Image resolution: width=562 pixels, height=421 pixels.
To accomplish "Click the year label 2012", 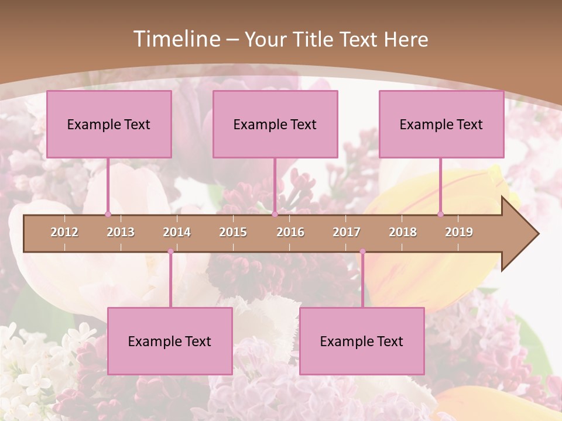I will coord(64,232).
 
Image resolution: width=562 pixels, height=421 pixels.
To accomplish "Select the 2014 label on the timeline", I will coord(177,232).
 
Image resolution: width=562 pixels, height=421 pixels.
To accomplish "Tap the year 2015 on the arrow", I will coord(233,232).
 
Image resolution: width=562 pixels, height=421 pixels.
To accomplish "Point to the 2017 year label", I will coord(347,232).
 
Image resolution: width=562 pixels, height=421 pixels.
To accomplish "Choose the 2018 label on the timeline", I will coord(403,232).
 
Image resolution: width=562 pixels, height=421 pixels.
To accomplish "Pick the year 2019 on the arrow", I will coord(459,232).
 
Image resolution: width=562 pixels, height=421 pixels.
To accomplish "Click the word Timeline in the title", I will coord(176,39).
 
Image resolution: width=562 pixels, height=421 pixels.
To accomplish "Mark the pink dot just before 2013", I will coord(108,214).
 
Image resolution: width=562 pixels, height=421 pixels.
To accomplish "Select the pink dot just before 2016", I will coord(275,214).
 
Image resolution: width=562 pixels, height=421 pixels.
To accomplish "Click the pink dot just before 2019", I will coord(441,214).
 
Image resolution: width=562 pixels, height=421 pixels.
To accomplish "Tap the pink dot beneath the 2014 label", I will coord(170,251).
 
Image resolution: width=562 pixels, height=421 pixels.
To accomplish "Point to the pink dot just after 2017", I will coord(362,251).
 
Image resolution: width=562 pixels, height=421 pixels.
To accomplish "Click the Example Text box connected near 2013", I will coord(109,124).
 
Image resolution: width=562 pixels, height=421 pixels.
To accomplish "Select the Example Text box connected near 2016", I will coord(275,124).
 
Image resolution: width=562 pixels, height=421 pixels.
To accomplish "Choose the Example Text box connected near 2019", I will coord(441,124).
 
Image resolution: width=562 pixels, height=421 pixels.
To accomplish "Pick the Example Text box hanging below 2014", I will coord(170,341).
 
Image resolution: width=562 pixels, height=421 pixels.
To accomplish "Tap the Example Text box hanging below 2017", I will coord(362,341).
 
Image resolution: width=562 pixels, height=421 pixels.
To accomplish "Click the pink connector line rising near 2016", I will coord(275,186).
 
